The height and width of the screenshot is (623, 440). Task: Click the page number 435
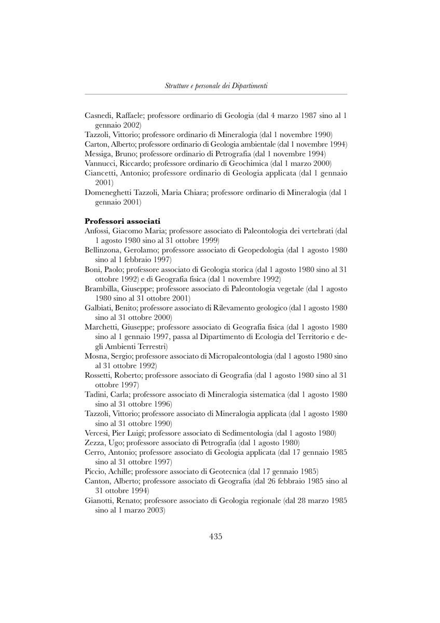216,537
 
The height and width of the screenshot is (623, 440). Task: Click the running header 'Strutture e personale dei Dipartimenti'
216,86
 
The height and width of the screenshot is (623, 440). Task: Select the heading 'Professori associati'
118,221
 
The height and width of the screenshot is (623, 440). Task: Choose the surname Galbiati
100,307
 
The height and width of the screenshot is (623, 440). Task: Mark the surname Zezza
94,442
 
